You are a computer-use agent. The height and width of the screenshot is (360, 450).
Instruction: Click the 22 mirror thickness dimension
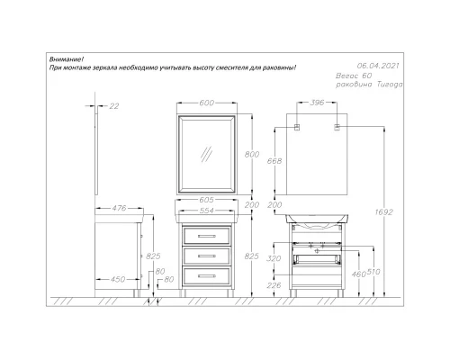click(x=114, y=106)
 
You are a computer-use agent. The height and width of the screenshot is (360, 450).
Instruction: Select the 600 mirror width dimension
click(x=207, y=103)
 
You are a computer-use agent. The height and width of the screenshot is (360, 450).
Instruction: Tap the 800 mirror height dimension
click(x=252, y=155)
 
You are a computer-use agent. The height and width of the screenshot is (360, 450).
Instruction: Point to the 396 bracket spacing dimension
click(x=317, y=103)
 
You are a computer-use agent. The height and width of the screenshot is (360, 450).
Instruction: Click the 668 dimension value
click(x=274, y=161)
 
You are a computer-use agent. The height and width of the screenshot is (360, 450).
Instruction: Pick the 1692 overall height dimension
click(x=383, y=212)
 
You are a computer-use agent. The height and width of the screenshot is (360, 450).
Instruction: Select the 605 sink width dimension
click(x=206, y=200)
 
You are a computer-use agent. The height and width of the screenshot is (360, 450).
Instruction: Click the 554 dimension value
click(x=207, y=211)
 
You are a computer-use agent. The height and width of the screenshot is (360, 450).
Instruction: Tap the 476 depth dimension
click(x=119, y=208)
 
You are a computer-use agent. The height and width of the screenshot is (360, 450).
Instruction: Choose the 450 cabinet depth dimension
click(x=118, y=279)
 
